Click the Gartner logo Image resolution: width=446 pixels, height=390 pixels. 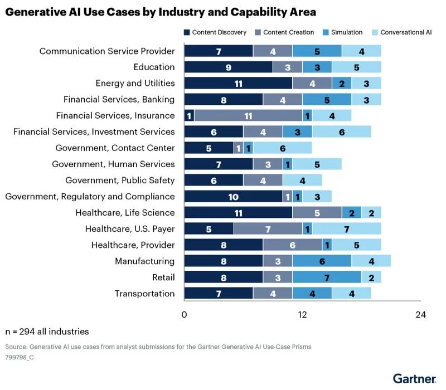(x=414, y=378)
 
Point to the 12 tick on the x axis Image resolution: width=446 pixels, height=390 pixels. (x=302, y=315)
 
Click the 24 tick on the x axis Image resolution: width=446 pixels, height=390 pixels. (x=420, y=315)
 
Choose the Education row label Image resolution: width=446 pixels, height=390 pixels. (x=154, y=67)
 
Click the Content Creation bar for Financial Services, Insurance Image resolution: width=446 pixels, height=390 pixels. (x=248, y=116)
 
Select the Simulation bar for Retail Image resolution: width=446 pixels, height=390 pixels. (x=327, y=277)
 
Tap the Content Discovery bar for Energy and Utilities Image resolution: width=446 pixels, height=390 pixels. (x=238, y=84)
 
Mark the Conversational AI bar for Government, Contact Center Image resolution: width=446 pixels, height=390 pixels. (x=283, y=148)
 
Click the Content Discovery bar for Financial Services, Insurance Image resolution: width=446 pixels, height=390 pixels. (x=189, y=116)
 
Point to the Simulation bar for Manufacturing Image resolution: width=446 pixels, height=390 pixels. (x=322, y=261)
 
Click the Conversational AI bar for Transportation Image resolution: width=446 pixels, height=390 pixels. (x=351, y=294)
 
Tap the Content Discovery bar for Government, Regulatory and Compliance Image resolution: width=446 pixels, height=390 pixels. (x=233, y=197)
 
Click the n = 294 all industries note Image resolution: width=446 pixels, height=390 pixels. (x=47, y=331)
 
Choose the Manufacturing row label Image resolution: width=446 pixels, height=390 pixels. (x=145, y=261)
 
